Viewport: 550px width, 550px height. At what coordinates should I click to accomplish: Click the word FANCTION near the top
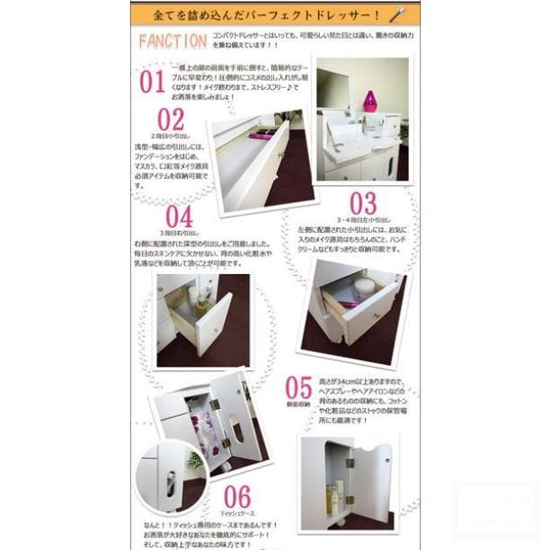[172, 40]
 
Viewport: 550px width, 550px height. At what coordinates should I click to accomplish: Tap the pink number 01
[152, 82]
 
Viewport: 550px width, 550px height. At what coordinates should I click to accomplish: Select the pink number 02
[171, 119]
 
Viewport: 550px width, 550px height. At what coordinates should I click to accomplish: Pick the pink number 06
[237, 496]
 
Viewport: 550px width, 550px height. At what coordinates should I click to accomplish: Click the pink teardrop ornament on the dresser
[369, 100]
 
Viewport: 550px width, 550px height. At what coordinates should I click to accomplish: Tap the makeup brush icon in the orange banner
[398, 13]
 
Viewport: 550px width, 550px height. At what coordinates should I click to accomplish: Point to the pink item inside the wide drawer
[262, 136]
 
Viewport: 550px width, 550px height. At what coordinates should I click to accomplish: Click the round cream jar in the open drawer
[364, 288]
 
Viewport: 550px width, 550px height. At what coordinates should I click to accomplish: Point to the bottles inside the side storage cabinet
[333, 496]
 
